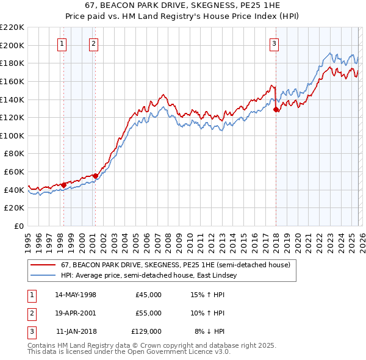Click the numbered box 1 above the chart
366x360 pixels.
63,43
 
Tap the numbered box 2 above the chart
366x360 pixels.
93,43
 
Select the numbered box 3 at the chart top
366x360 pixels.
274,43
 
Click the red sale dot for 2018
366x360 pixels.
276,110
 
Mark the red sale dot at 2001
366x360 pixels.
95,176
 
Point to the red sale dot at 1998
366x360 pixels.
64,185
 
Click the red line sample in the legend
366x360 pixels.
43,265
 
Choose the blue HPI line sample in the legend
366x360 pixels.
43,276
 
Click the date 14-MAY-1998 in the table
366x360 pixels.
76,295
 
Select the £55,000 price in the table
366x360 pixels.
148,313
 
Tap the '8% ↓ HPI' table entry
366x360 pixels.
209,331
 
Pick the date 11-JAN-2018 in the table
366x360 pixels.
76,331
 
